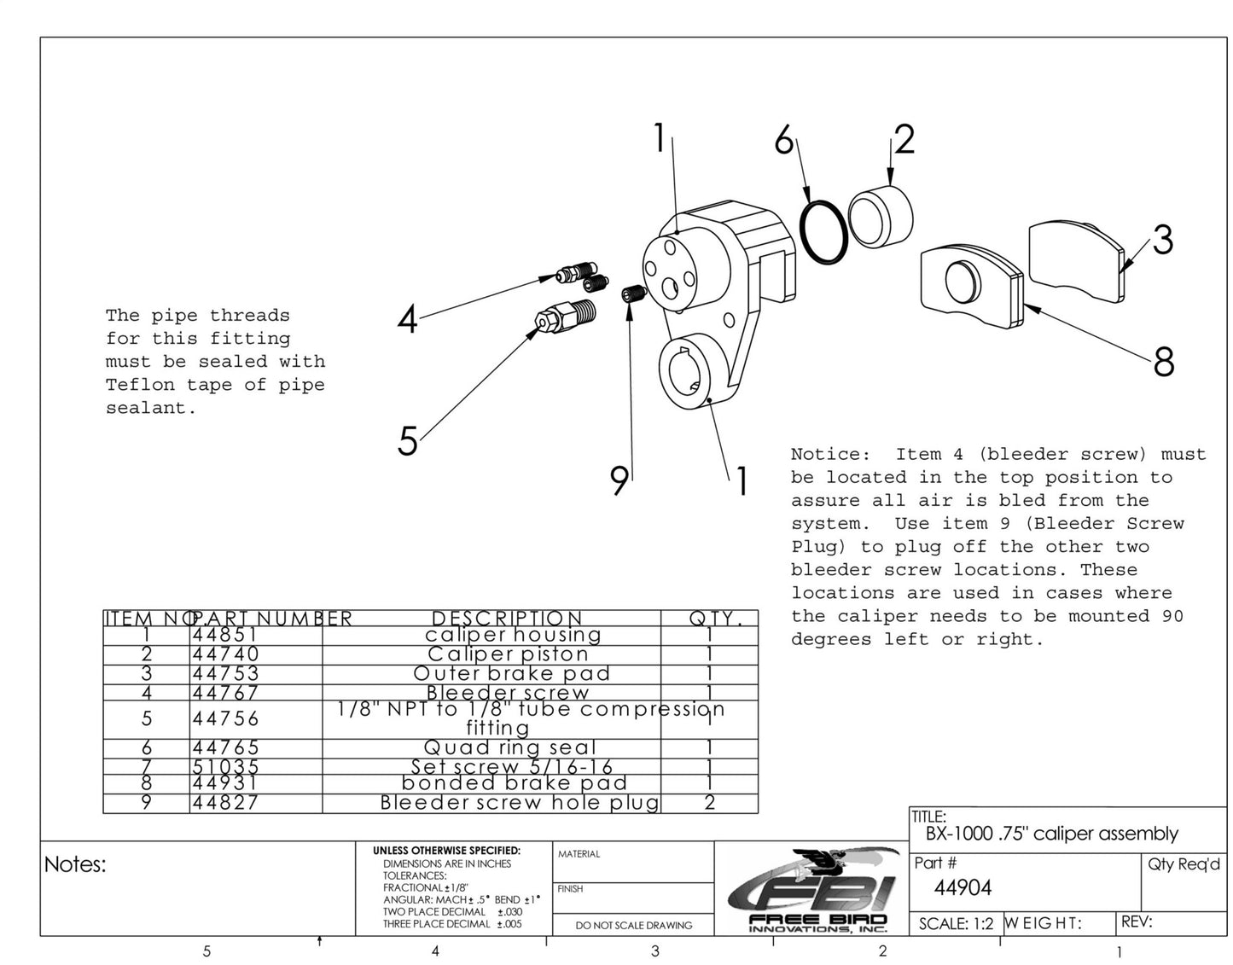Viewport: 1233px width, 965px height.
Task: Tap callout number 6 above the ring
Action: pyautogui.click(x=783, y=140)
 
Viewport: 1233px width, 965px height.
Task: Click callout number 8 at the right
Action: pyautogui.click(x=1163, y=362)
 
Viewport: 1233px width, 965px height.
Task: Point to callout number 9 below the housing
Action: pyautogui.click(x=619, y=480)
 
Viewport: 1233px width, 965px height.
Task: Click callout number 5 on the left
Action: pyautogui.click(x=408, y=441)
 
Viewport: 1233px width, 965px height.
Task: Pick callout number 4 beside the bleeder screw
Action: pyautogui.click(x=408, y=320)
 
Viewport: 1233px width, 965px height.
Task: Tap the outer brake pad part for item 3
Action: pyautogui.click(x=1077, y=260)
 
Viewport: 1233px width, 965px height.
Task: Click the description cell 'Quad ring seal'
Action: pyautogui.click(x=509, y=748)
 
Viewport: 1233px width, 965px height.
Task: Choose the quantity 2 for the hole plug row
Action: pyautogui.click(x=709, y=803)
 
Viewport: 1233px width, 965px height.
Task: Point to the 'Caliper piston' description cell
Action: pyautogui.click(x=508, y=654)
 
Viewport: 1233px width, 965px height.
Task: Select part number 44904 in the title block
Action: pyautogui.click(x=963, y=888)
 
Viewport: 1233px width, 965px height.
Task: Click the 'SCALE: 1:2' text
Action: pyautogui.click(x=956, y=924)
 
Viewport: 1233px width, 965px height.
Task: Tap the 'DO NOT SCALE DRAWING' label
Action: pyautogui.click(x=633, y=925)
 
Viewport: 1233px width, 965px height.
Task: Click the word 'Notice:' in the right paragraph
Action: pyautogui.click(x=829, y=455)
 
